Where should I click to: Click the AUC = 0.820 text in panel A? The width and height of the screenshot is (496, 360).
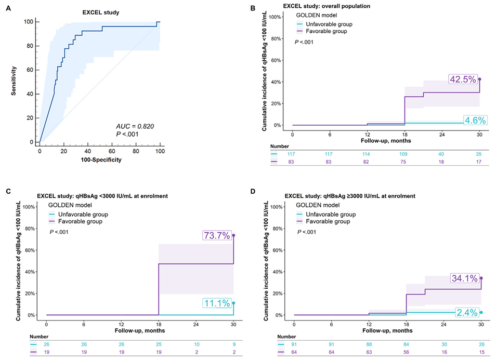134,126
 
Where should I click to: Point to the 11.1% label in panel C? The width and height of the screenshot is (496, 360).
217,303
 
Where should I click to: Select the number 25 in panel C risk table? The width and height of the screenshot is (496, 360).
159,344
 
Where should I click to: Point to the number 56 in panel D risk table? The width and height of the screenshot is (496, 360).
407,352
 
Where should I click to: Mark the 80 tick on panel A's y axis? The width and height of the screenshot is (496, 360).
31,46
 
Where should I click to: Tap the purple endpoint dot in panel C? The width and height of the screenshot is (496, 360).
233,235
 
